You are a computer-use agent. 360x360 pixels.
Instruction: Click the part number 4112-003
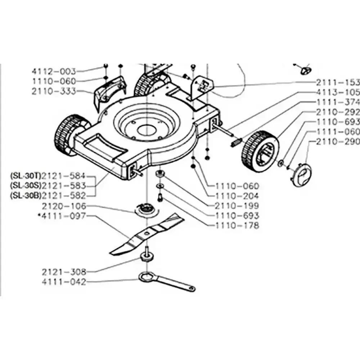[x=54, y=71]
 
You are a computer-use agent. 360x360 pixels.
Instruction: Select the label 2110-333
[x=54, y=91]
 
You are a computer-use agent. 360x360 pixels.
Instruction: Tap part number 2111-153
[x=338, y=82]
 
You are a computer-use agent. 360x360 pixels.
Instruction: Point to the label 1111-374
[x=338, y=102]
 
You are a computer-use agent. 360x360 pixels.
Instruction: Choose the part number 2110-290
[x=338, y=141]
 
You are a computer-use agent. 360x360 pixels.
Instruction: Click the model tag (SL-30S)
[x=26, y=185]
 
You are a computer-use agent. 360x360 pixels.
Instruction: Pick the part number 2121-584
[x=64, y=176]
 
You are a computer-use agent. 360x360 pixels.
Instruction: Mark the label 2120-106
[x=64, y=206]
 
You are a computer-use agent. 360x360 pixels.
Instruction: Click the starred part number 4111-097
[x=62, y=216]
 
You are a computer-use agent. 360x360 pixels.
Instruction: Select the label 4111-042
[x=64, y=282]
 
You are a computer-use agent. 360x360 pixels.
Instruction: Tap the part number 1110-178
[x=237, y=225]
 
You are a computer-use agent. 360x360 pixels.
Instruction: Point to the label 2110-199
[x=237, y=206]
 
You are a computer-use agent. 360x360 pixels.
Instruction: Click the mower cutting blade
[x=147, y=234]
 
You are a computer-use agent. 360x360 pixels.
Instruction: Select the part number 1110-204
[x=237, y=196]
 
